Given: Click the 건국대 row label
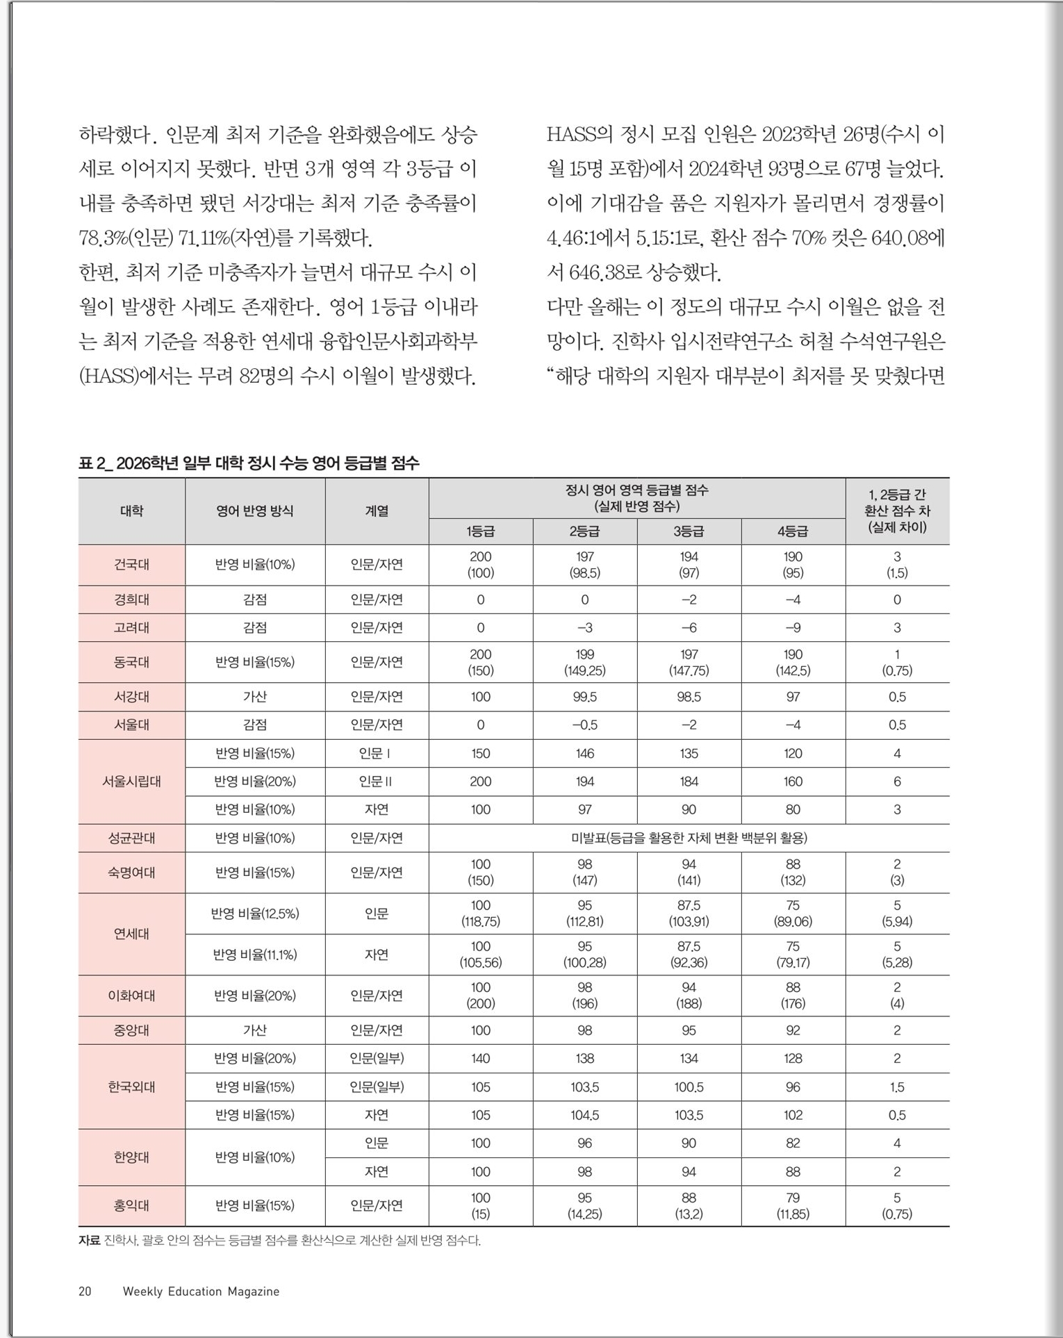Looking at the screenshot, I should [x=131, y=565].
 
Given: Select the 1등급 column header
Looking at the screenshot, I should [x=480, y=531].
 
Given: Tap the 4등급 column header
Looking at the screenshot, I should [x=793, y=531].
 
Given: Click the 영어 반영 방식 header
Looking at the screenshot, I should [x=254, y=511].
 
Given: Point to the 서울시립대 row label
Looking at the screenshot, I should [x=131, y=782].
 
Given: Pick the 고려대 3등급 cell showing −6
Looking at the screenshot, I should [x=689, y=628].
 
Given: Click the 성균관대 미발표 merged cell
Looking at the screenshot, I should [x=689, y=838].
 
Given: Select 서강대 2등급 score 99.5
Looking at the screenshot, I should [x=584, y=697].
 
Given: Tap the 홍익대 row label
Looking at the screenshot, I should [x=131, y=1206].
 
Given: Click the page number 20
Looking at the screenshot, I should [x=85, y=1291].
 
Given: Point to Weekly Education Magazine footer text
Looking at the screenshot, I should [x=201, y=1291].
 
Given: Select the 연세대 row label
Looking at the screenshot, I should [x=131, y=934].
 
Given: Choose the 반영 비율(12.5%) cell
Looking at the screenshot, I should [x=254, y=914].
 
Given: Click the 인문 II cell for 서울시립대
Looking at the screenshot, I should [x=376, y=782].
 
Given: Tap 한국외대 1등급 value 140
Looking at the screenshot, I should [x=480, y=1059].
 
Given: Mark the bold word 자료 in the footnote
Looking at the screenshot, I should [x=90, y=1241].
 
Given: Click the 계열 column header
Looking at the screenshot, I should [x=376, y=511].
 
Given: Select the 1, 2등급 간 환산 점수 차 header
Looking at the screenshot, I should [x=897, y=511].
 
